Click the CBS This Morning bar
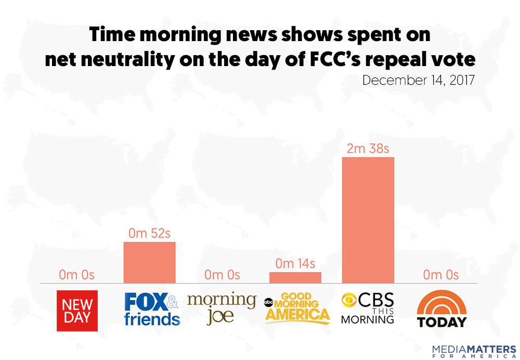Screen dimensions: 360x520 coord(368,220)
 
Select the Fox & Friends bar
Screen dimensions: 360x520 coord(149,262)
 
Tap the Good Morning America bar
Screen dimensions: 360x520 coord(295,277)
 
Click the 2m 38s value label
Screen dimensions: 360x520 coord(368,149)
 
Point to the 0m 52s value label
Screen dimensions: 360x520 coord(150,234)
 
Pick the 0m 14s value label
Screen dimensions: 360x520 coord(295,264)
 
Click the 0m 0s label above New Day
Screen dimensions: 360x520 coord(76,275)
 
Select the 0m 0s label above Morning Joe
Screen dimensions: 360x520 coord(222,275)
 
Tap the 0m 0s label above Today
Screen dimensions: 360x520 coord(440,275)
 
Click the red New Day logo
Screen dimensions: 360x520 coord(77,311)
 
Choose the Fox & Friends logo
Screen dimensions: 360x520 coord(152,309)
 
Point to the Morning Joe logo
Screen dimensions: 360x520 coord(222,308)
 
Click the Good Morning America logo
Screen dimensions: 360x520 coord(297,308)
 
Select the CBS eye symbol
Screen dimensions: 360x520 coord(350,301)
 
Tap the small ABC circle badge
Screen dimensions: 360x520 coord(269,301)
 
